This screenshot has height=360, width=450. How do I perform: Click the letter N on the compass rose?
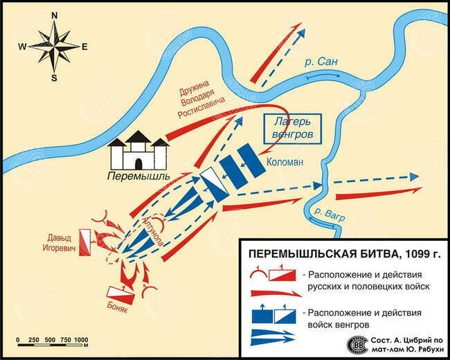[x=54, y=16]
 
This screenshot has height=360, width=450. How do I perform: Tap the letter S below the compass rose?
[x=54, y=78]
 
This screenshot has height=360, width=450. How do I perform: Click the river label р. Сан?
[x=321, y=62]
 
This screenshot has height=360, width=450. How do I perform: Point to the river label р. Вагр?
[x=329, y=215]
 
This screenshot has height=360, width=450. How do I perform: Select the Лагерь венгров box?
[x=292, y=129]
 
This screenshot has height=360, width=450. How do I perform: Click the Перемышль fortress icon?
[x=138, y=150]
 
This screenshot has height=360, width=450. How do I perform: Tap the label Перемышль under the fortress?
[x=138, y=176]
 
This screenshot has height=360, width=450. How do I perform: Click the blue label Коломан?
[x=285, y=162]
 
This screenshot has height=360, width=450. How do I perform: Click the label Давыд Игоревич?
[x=59, y=243]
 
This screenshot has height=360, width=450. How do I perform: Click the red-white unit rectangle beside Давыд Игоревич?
[x=85, y=242]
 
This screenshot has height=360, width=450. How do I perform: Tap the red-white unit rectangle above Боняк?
[x=120, y=296]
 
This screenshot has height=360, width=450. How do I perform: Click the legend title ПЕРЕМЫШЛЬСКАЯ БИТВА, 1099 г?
[x=344, y=254]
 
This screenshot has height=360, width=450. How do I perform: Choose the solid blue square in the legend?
[x=262, y=316]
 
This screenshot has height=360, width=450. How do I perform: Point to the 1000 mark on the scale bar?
[x=81, y=340]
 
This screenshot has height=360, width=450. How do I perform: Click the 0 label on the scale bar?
[x=18, y=340]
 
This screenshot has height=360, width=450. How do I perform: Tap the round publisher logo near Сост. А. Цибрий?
[x=357, y=345]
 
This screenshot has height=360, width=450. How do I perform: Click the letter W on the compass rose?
[x=22, y=46]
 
